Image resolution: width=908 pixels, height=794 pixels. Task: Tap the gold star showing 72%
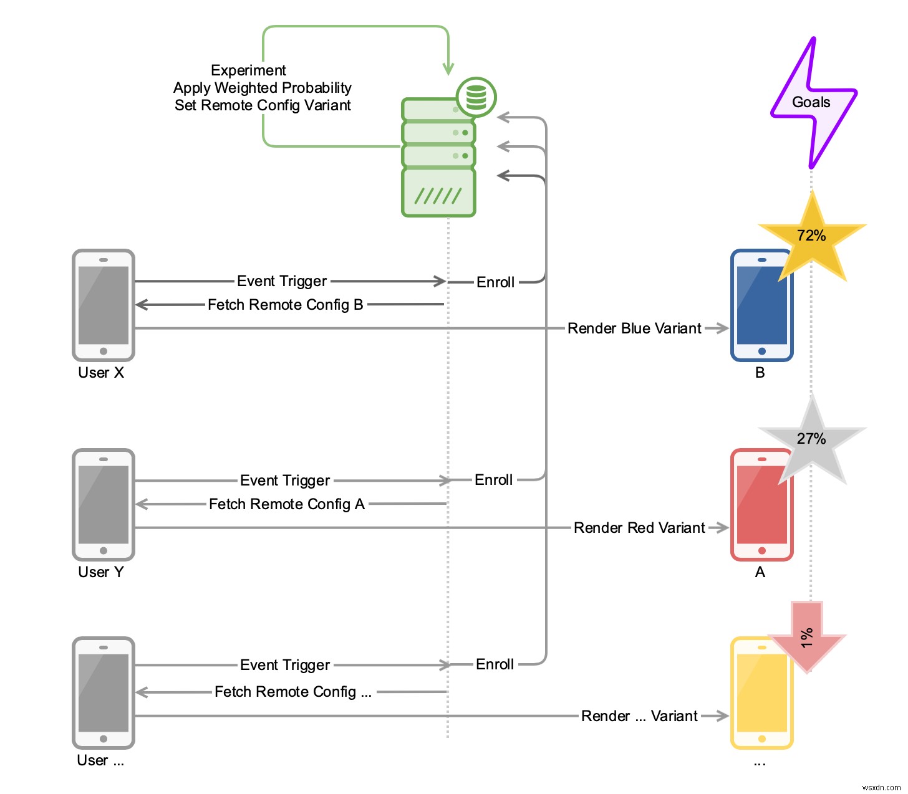[x=811, y=236]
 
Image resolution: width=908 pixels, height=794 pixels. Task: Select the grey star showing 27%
[x=811, y=439]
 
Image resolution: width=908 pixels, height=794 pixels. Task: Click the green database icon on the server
[x=476, y=97]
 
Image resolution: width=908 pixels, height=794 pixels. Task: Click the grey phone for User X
[x=104, y=305]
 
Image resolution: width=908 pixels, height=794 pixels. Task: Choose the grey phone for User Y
[x=104, y=505]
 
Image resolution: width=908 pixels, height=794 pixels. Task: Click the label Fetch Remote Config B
[x=286, y=305]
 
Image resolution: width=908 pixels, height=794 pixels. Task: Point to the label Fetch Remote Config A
[x=287, y=504]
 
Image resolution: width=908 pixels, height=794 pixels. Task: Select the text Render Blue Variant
[x=634, y=328]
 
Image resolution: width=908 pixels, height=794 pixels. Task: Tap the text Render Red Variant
[x=639, y=528]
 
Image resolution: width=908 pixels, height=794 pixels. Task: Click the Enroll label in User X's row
[x=495, y=282]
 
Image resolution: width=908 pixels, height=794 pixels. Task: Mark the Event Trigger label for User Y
[x=285, y=481]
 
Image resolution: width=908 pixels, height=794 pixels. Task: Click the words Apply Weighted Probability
[x=263, y=88]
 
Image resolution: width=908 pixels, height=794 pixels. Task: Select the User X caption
[x=101, y=373]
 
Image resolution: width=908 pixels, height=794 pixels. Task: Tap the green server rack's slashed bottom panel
[x=438, y=193]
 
